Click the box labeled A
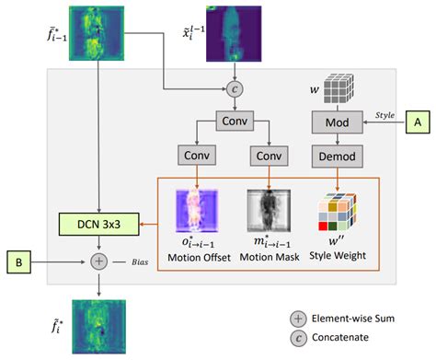pos(418,121)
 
